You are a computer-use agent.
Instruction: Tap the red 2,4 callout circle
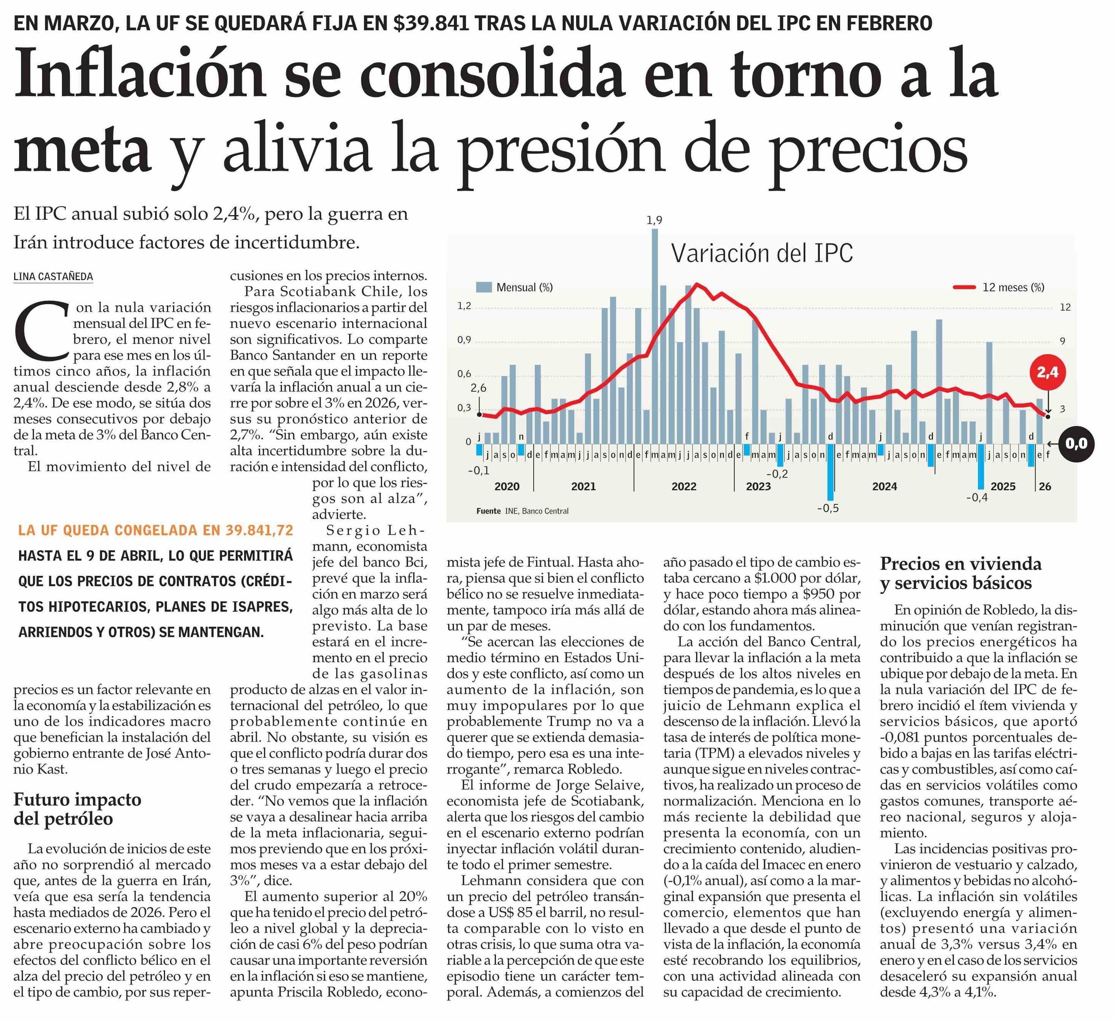pyautogui.click(x=1047, y=373)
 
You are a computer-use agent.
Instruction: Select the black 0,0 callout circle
pyautogui.click(x=1076, y=443)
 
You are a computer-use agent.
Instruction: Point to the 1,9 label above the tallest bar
pyautogui.click(x=654, y=220)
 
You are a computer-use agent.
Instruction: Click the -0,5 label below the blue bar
pyautogui.click(x=828, y=508)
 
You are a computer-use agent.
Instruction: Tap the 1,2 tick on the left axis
pyautogui.click(x=464, y=306)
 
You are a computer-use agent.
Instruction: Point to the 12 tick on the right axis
pyautogui.click(x=1065, y=307)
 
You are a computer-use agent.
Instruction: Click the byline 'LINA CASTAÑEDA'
pyautogui.click(x=53, y=276)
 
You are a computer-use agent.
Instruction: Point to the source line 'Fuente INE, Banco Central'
pyautogui.click(x=522, y=511)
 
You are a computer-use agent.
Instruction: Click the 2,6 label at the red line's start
pyautogui.click(x=479, y=389)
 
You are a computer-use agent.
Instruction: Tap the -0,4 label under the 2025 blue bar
pyautogui.click(x=977, y=498)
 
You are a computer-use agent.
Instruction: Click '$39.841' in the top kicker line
pyautogui.click(x=432, y=23)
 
